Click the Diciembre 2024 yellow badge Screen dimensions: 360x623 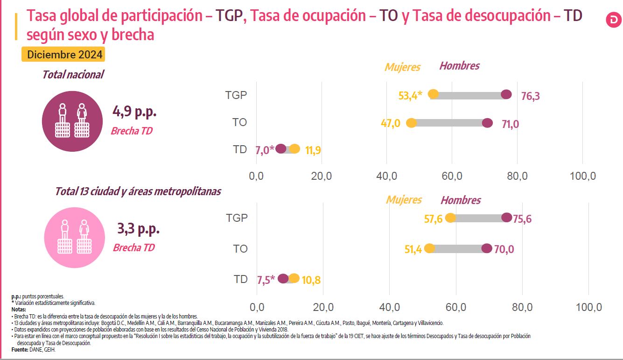click(x=63, y=55)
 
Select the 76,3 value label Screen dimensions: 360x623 click(x=530, y=97)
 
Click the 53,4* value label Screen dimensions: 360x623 click(x=410, y=96)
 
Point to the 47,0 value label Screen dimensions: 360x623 click(x=391, y=124)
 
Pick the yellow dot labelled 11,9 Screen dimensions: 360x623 click(x=294, y=149)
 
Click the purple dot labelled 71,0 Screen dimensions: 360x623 click(x=487, y=123)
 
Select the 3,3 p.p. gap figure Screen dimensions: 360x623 click(x=138, y=229)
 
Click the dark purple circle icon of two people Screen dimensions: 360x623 click(x=72, y=121)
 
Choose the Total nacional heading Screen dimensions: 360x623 click(x=73, y=75)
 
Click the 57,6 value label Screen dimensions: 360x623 click(x=433, y=219)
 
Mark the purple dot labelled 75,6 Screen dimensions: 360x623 click(x=506, y=217)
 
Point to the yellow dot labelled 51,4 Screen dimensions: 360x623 click(x=429, y=248)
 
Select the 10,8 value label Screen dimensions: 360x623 click(x=311, y=281)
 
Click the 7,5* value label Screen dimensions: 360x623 click(x=266, y=280)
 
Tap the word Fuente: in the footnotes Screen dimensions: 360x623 click(x=19, y=349)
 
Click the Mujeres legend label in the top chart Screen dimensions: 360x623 click(x=402, y=67)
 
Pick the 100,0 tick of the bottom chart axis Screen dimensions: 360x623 click(x=588, y=307)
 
